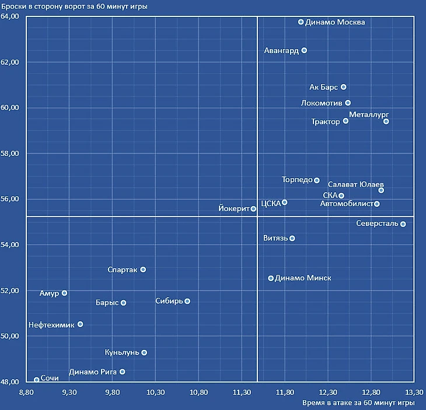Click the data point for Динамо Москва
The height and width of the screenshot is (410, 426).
[301, 22]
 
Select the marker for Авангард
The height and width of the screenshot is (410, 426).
[304, 51]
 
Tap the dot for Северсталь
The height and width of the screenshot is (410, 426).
[403, 224]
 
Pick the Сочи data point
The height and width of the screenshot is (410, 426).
[37, 380]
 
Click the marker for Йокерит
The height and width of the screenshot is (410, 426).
[253, 209]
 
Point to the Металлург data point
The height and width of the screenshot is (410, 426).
[386, 121]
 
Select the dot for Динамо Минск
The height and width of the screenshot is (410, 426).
[271, 279]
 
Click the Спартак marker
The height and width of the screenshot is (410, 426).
[143, 270]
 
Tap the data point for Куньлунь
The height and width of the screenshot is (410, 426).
[144, 353]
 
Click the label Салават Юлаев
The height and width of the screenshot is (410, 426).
[356, 185]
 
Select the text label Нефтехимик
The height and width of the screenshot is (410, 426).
[51, 325]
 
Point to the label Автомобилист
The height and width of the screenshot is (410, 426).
[347, 204]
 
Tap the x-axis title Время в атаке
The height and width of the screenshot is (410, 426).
[358, 403]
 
